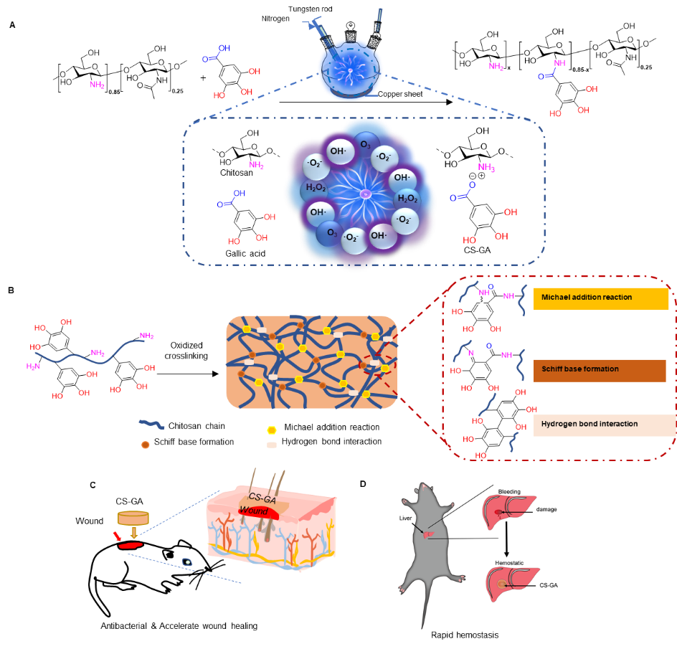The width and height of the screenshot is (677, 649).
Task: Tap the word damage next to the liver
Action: (546, 509)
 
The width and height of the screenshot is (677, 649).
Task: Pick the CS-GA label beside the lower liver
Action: (548, 585)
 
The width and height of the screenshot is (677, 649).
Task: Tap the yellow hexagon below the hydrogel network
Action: (272, 430)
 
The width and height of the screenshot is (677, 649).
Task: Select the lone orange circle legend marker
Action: (146, 445)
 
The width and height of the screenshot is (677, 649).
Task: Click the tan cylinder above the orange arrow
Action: (133, 517)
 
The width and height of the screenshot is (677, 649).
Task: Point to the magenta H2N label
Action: (33, 366)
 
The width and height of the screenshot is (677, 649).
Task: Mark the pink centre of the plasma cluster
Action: (364, 194)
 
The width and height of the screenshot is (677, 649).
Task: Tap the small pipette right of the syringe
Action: (379, 17)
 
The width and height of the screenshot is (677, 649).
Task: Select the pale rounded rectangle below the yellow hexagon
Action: (272, 445)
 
